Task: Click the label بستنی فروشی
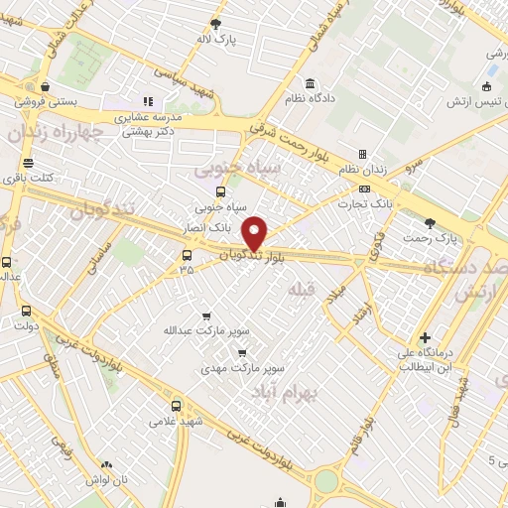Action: click(43, 101)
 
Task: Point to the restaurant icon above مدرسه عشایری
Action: click(149, 100)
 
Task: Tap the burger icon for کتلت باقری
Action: click(28, 163)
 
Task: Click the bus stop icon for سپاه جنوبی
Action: click(220, 192)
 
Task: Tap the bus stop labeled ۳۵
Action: click(187, 255)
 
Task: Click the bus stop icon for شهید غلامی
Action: click(177, 405)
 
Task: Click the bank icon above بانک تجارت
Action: click(365, 189)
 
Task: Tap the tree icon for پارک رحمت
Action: click(430, 223)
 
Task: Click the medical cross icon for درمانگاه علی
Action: click(425, 337)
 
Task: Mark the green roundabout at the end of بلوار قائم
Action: click(327, 481)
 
